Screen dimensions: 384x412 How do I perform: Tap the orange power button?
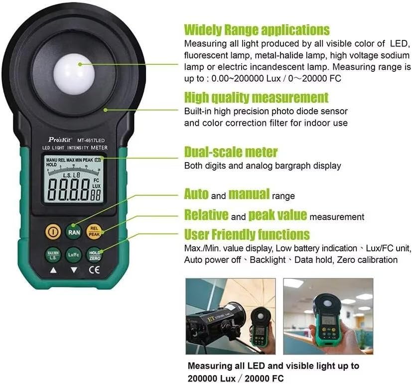[x=53, y=231]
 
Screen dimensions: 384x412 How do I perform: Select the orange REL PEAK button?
[x=94, y=230]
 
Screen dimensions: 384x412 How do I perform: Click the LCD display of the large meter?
[x=74, y=180]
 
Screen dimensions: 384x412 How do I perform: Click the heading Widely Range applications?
[x=257, y=29]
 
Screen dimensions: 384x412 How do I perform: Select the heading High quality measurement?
[x=256, y=97]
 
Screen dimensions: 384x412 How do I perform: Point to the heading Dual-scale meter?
[x=231, y=152]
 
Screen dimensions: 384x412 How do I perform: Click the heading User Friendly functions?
[x=247, y=234]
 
